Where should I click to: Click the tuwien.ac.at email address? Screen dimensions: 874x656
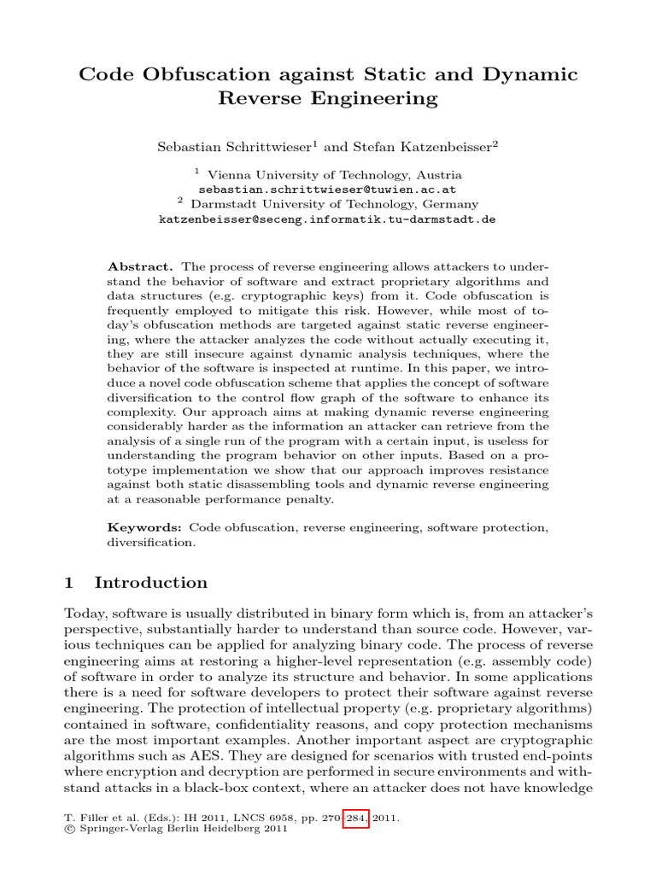327,189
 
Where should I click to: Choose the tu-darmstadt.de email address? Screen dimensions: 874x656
327,219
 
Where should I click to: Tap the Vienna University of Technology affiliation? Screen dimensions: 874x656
335,174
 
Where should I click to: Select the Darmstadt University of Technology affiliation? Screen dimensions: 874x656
334,204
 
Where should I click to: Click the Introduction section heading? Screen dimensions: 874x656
151,583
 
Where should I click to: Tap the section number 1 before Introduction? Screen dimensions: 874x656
70,583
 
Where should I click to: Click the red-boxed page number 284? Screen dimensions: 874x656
354,818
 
